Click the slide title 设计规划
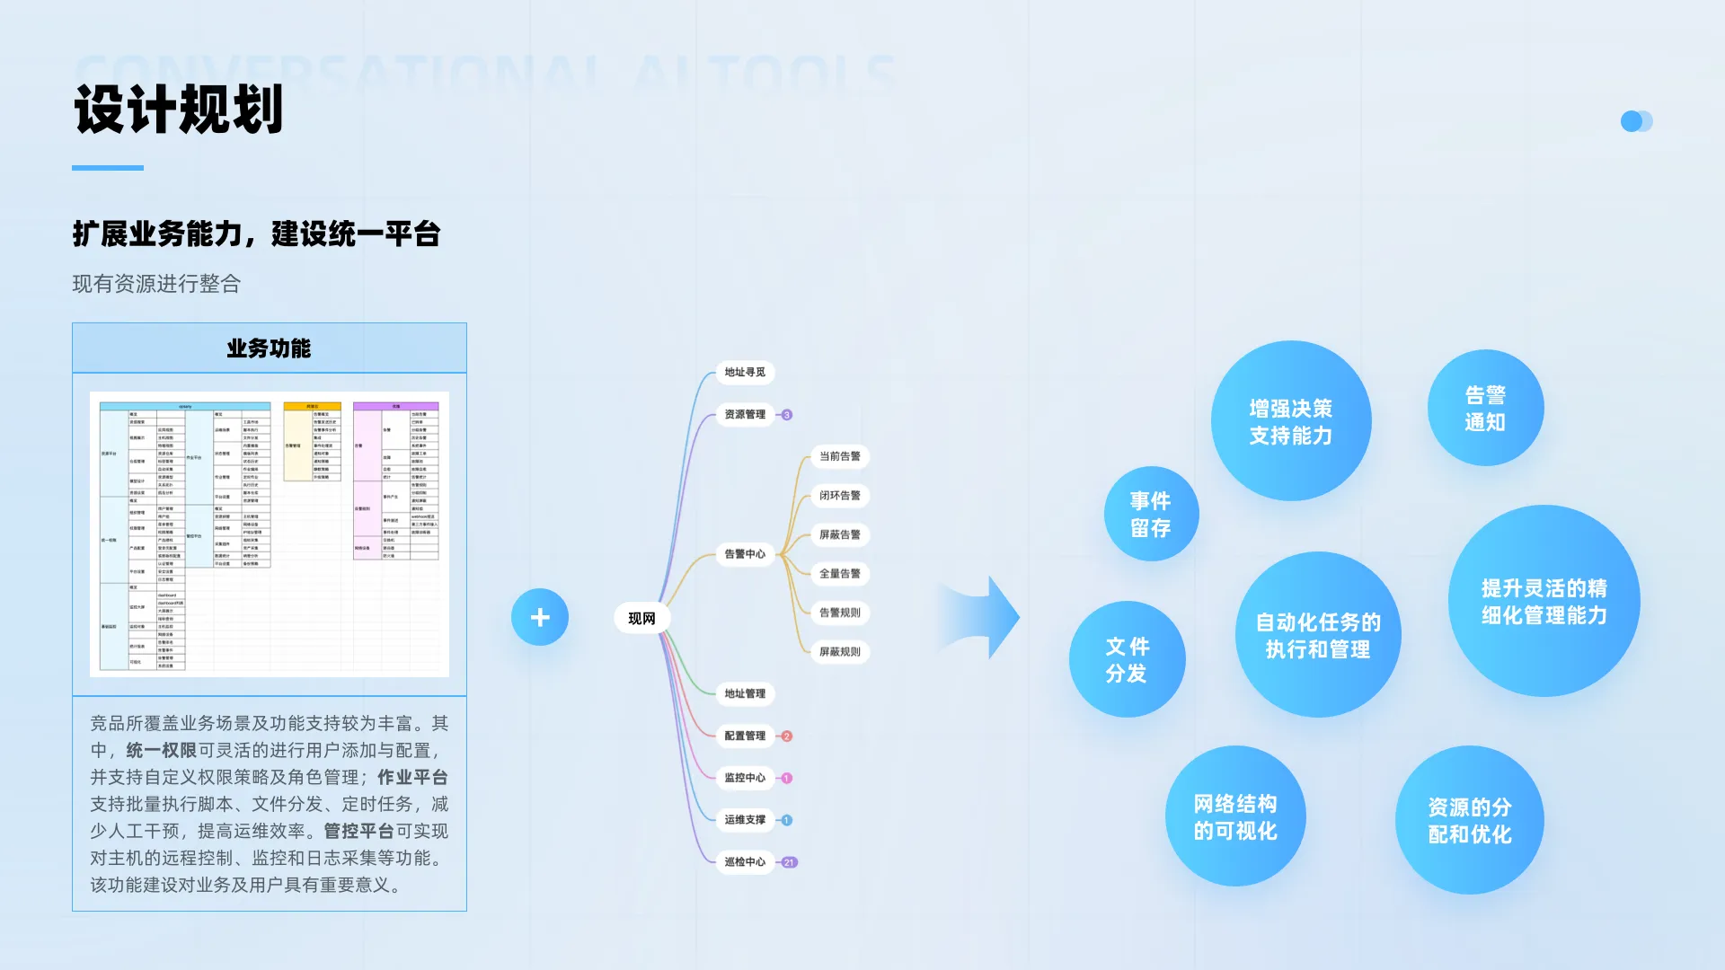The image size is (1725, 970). tap(179, 110)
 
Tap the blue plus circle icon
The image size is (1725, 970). tap(540, 617)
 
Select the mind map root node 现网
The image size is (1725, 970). tap(641, 618)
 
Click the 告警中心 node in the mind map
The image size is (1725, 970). tap(745, 554)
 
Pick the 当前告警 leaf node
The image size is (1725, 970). tap(839, 456)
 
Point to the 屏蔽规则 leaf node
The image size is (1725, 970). tap(839, 651)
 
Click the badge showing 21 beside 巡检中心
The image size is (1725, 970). tap(789, 862)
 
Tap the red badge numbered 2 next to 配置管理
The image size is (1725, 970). tap(787, 736)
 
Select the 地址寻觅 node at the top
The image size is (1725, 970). tap(745, 372)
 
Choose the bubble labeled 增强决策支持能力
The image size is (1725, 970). tap(1290, 421)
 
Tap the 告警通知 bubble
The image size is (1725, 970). tap(1485, 408)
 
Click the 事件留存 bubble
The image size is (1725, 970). tap(1151, 514)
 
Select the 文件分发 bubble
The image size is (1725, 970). tap(1127, 659)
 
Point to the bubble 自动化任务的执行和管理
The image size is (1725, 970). tap(1317, 635)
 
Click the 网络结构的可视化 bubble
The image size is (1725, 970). tap(1234, 816)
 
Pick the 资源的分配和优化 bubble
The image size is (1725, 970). tap(1470, 820)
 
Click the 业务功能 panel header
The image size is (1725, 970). tap(269, 348)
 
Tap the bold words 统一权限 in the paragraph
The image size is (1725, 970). tap(161, 750)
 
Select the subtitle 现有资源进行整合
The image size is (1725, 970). tap(156, 284)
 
